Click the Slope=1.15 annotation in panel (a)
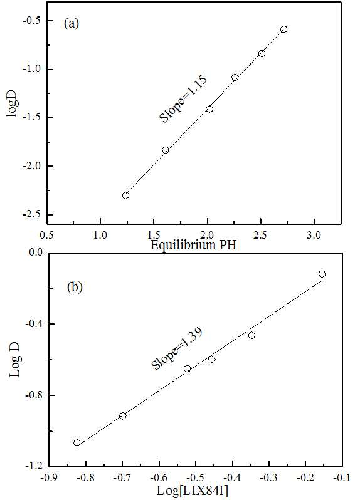pos(183,98)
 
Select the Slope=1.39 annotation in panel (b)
pos(176,349)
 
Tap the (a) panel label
pos(71,24)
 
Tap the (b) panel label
pos(75,287)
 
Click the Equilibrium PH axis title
pos(193,245)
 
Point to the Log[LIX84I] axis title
pos(193,491)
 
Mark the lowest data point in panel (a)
pos(125,195)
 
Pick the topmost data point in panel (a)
pos(283,29)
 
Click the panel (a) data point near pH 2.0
pos(209,109)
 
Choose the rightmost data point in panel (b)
pos(322,274)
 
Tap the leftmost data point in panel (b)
pos(77,442)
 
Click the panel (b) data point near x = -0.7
pos(122,416)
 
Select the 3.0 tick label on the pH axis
pos(314,236)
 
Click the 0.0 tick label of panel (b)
pos(36,253)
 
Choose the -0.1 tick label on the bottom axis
pos(342,477)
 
